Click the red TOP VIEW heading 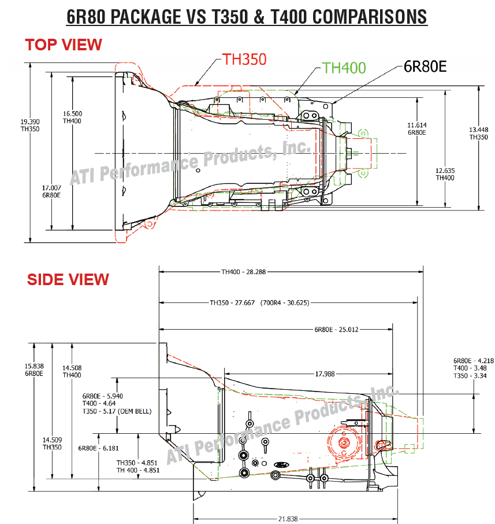pyautogui.click(x=64, y=45)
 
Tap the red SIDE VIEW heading pyautogui.click(x=68, y=279)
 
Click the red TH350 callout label pyautogui.click(x=244, y=60)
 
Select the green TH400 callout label pyautogui.click(x=344, y=68)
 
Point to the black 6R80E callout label pyautogui.click(x=425, y=67)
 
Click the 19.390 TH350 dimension pyautogui.click(x=30, y=126)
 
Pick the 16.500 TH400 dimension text pyautogui.click(x=72, y=117)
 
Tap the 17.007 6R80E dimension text pyautogui.click(x=51, y=191)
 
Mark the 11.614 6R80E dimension pyautogui.click(x=417, y=128)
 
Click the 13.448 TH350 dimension pyautogui.click(x=479, y=134)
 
